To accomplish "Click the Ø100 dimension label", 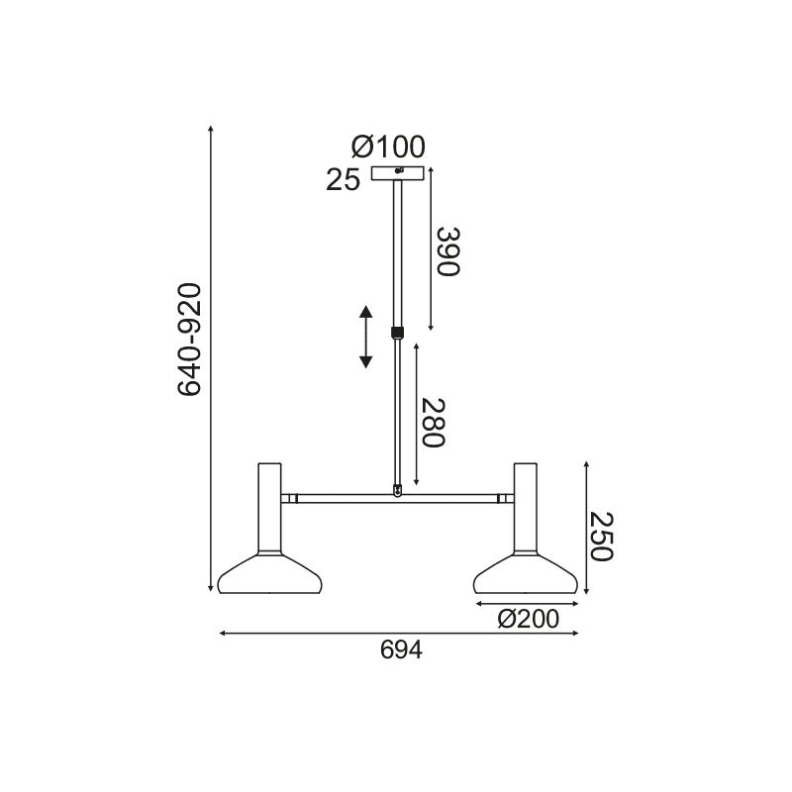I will click(388, 148).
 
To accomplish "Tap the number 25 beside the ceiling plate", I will click(343, 180).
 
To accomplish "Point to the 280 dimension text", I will click(437, 423).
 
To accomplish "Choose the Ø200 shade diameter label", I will click(527, 620).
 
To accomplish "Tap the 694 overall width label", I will click(401, 649).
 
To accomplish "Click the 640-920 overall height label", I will click(189, 340).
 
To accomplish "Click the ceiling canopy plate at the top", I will click(397, 174).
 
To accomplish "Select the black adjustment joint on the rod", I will click(397, 332).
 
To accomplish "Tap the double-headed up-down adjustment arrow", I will click(365, 338).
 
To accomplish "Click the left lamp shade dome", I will click(269, 575).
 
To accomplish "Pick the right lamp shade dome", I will click(526, 575).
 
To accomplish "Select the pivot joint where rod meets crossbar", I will click(397, 489).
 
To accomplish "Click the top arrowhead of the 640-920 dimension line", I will click(213, 130).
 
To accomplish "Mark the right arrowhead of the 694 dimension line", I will click(576, 633).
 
